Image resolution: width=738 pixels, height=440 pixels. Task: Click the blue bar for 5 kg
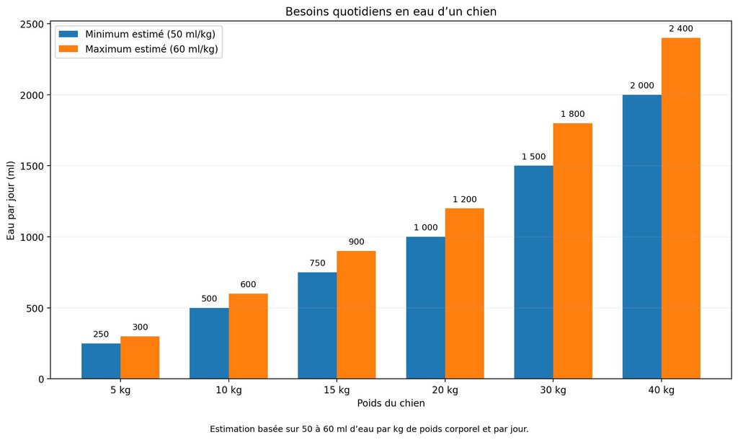pyautogui.click(x=101, y=361)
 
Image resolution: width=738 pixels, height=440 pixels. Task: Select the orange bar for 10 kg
pyautogui.click(x=248, y=336)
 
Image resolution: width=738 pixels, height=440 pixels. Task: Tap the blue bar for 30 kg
pyautogui.click(x=533, y=272)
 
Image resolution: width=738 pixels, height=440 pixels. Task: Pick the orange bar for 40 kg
pyautogui.click(x=680, y=208)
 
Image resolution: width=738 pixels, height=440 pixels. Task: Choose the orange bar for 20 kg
pyautogui.click(x=465, y=294)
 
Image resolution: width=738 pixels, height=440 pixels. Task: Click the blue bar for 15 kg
pyautogui.click(x=317, y=325)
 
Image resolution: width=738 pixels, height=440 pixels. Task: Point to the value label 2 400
pyautogui.click(x=680, y=29)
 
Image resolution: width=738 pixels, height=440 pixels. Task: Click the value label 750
pyautogui.click(x=317, y=263)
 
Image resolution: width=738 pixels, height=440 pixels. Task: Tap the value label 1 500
pyautogui.click(x=533, y=157)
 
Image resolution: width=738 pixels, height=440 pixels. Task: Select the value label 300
pyautogui.click(x=140, y=327)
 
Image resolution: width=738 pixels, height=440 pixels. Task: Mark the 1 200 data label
pyautogui.click(x=465, y=199)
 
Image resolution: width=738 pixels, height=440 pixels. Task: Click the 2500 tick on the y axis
pyautogui.click(x=32, y=24)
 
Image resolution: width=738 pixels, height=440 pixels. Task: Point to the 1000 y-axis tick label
pyautogui.click(x=32, y=237)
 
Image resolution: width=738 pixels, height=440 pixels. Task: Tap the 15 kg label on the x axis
pyautogui.click(x=337, y=390)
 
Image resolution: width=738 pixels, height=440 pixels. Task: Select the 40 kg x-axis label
pyautogui.click(x=662, y=390)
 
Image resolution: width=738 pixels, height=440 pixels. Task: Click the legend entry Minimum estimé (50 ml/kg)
pyautogui.click(x=150, y=34)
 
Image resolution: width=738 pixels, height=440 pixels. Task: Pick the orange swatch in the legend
pyautogui.click(x=68, y=49)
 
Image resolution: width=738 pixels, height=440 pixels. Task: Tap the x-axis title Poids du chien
pyautogui.click(x=391, y=403)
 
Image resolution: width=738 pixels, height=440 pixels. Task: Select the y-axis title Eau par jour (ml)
pyautogui.click(x=10, y=201)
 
